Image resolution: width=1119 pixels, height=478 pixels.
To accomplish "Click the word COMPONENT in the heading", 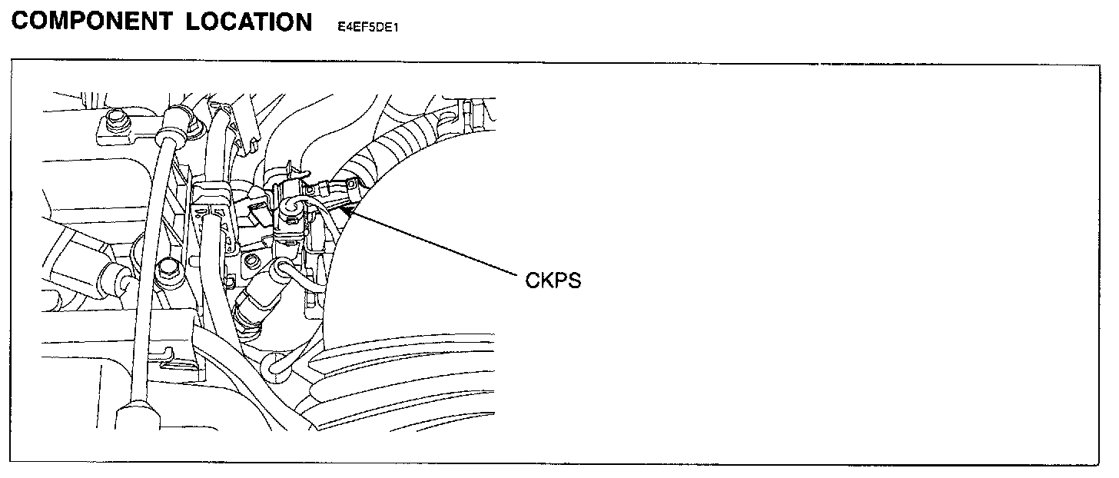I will tap(92, 22).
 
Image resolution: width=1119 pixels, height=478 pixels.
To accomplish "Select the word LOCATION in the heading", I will tap(249, 22).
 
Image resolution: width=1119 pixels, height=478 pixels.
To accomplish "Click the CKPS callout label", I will tap(553, 280).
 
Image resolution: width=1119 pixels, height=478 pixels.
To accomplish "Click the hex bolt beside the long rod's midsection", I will tap(166, 270).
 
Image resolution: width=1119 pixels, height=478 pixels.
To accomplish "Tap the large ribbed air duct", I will tap(400, 384).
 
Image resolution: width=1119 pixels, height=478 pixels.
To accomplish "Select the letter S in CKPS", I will tap(574, 280).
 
